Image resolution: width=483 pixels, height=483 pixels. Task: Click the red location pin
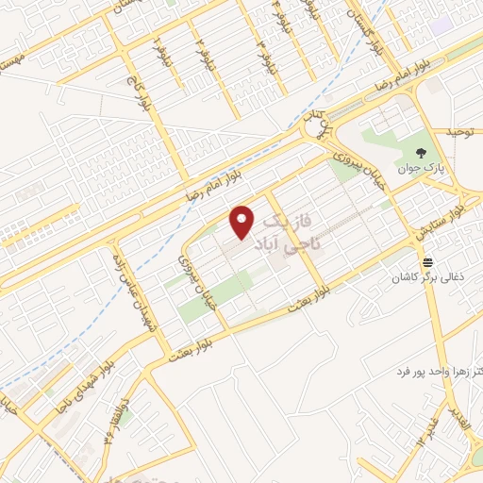pyautogui.click(x=243, y=221)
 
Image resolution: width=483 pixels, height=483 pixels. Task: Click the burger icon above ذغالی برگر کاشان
pyautogui.click(x=429, y=261)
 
